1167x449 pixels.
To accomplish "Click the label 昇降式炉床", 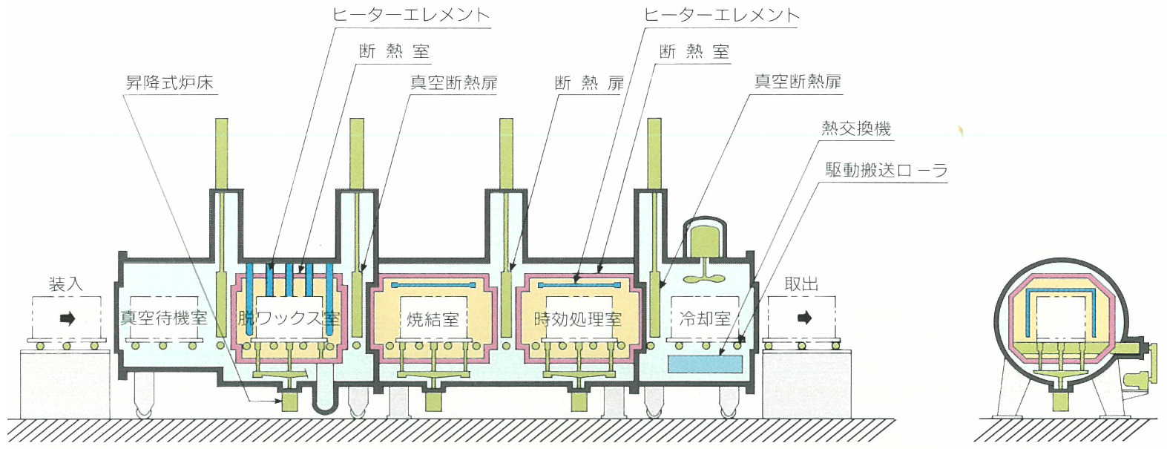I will (170, 82).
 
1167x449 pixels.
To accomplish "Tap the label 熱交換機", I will (856, 128).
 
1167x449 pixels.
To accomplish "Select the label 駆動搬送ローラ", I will (887, 170).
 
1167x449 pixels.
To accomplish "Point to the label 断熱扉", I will (589, 82).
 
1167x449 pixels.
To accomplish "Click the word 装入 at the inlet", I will (66, 284).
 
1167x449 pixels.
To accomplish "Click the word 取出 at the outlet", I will (801, 284).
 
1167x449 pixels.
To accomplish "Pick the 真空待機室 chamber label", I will (164, 318).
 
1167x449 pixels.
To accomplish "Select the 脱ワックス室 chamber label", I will (289, 318).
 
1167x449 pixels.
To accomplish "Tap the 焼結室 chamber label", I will (433, 319).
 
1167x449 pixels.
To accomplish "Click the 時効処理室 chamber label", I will (578, 319).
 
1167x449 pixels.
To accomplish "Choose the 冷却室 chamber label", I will (705, 318).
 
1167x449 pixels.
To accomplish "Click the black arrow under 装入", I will (68, 319).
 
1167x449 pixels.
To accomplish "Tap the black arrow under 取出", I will (804, 318).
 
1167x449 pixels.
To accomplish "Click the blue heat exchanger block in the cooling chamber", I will (705, 364).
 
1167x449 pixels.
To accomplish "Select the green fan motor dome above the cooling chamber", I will (702, 240).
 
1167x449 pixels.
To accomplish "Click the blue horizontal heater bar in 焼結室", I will (433, 285).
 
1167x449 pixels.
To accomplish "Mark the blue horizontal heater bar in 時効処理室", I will (578, 285).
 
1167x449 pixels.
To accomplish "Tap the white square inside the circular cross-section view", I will (1059, 318).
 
